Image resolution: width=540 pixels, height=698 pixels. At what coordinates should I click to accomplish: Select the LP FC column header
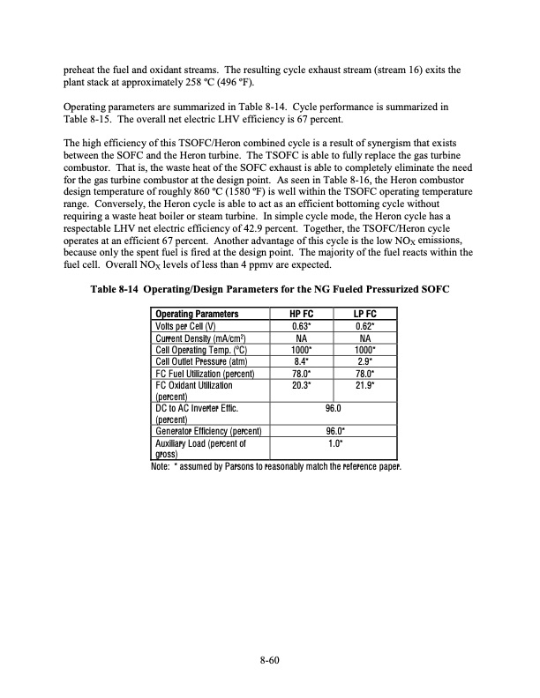pyautogui.click(x=365, y=313)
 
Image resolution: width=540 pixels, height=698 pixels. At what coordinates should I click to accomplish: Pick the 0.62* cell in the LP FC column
pyautogui.click(x=365, y=325)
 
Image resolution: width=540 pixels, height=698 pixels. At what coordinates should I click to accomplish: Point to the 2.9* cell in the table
pyautogui.click(x=365, y=360)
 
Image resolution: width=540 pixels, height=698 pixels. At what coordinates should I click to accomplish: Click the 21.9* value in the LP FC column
pyautogui.click(x=365, y=385)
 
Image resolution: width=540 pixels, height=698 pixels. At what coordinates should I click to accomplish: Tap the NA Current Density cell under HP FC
pyautogui.click(x=301, y=337)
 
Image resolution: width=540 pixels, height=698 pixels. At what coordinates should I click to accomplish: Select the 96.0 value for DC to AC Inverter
pyautogui.click(x=334, y=408)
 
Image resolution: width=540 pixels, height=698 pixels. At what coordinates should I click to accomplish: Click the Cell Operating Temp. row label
pyautogui.click(x=199, y=348)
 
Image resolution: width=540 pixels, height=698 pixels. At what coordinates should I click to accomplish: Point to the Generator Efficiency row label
pyautogui.click(x=206, y=431)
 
